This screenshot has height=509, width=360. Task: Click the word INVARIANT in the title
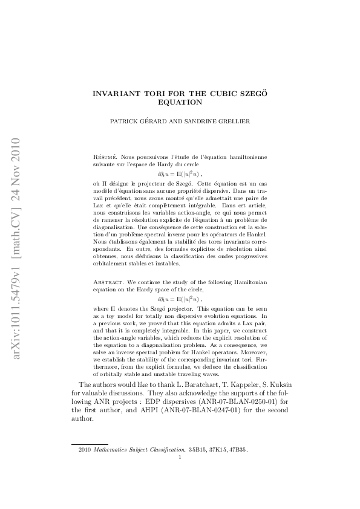(114, 94)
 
